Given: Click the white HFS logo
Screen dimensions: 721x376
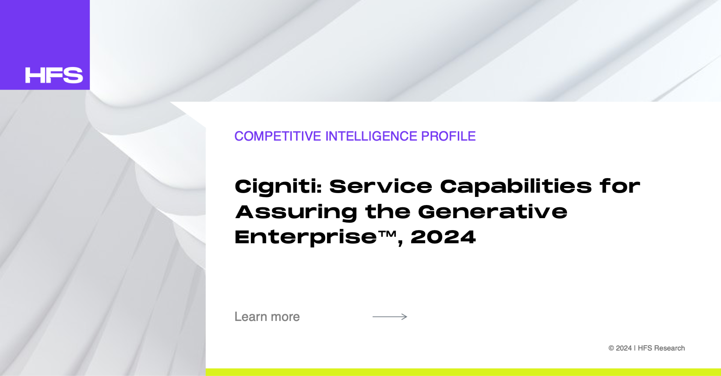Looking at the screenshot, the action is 54,75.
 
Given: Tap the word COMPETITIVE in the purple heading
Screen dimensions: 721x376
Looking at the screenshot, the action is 278,136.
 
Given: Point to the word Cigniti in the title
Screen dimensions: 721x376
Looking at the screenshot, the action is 278,187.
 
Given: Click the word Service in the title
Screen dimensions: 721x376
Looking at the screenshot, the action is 381,186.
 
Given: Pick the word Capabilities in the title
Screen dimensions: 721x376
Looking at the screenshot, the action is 516,187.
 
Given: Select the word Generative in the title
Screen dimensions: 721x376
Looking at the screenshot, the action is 493,212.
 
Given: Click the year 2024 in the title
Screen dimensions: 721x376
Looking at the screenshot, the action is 443,237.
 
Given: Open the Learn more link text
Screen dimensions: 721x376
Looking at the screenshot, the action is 267,317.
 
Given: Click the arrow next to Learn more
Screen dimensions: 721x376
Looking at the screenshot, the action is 390,317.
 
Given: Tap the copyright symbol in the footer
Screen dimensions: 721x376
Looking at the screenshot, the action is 611,348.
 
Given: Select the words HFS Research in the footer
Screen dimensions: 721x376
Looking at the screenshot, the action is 661,348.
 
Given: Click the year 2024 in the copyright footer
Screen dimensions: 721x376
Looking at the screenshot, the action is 624,348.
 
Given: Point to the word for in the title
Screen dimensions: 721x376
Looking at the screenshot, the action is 620,186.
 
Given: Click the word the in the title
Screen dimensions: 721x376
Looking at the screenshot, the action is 388,212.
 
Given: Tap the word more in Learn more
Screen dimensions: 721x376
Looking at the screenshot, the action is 285,317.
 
